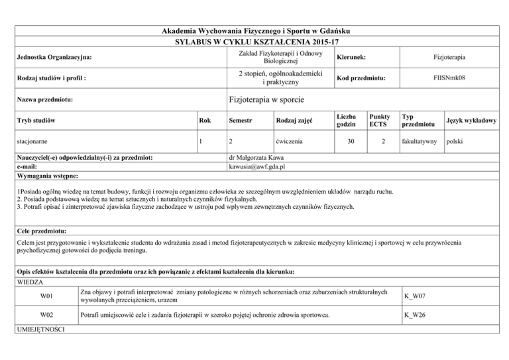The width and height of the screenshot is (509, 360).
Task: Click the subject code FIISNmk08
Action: pyautogui.click(x=454, y=78)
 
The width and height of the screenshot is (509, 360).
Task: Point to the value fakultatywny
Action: pyautogui.click(x=419, y=141)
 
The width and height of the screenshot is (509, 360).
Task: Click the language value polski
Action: pyautogui.click(x=458, y=141)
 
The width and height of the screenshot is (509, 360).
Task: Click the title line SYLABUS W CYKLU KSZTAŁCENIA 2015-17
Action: pyautogui.click(x=255, y=42)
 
